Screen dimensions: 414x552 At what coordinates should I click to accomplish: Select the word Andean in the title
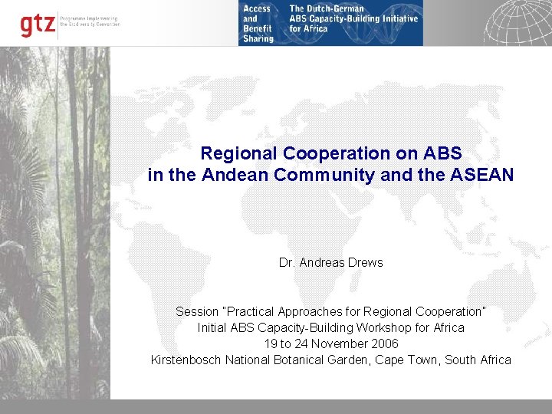228,175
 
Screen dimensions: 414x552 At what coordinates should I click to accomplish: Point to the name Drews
366,262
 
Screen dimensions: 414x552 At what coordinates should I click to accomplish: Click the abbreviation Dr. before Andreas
287,262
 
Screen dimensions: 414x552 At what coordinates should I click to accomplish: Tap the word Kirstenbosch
186,360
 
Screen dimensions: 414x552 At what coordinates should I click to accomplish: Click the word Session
196,311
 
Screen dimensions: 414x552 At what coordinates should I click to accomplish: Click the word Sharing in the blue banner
258,38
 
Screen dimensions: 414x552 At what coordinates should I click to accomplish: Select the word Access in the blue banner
257,8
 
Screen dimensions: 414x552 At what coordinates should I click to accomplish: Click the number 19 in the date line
271,343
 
